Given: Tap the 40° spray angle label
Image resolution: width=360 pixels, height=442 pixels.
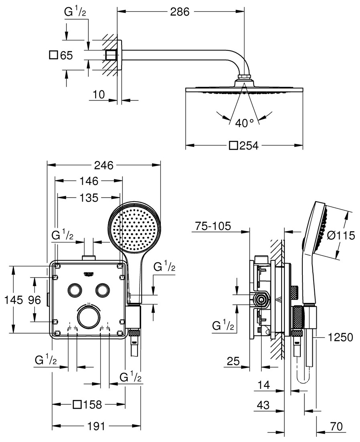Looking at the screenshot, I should (x=244, y=123).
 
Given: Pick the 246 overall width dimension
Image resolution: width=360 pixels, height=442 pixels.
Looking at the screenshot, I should (x=104, y=165).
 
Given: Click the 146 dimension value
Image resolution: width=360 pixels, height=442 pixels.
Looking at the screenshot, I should (x=89, y=181).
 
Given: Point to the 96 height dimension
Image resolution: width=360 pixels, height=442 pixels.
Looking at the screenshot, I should (x=34, y=300).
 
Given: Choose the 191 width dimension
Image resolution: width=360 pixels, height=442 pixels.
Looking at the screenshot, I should (x=96, y=426).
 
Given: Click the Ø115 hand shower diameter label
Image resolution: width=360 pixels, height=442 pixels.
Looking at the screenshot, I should (x=340, y=236).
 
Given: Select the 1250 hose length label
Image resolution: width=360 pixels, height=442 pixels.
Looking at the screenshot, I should (x=340, y=338).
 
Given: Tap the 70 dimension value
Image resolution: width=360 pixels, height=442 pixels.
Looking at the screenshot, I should (x=337, y=426).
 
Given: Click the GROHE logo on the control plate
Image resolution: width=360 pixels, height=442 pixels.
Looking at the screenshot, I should (x=89, y=274).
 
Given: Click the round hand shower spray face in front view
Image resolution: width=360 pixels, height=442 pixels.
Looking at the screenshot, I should (x=134, y=228).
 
